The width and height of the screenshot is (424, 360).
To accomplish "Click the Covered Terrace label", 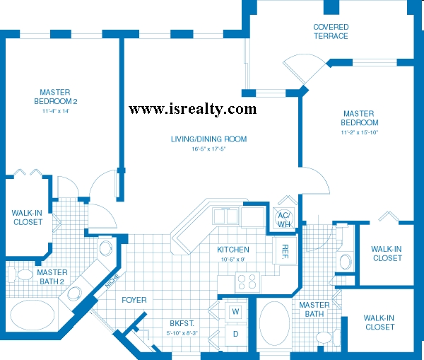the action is (x=331, y=31).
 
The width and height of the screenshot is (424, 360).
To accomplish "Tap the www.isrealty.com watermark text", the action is (x=192, y=109).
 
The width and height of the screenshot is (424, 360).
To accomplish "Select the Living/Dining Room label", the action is (x=208, y=139).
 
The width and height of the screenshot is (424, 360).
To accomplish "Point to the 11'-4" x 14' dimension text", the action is (x=56, y=111).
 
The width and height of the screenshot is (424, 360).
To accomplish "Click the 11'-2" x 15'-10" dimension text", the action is (x=360, y=132).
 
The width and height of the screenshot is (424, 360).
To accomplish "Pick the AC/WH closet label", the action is (x=284, y=219).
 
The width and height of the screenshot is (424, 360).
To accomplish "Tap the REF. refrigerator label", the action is (x=285, y=252).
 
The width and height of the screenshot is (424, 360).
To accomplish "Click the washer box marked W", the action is (x=235, y=312).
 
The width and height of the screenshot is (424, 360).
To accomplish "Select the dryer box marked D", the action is (x=236, y=335).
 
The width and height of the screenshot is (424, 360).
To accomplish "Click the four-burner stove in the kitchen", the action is (x=247, y=281).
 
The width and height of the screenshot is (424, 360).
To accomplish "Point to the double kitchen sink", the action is (x=225, y=216).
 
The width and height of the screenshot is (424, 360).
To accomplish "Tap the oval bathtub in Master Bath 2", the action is (x=33, y=315).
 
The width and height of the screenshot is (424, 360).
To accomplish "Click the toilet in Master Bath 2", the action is (x=20, y=274).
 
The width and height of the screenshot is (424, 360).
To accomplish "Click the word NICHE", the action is (x=112, y=281).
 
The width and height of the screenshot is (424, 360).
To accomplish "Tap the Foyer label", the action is (x=134, y=300).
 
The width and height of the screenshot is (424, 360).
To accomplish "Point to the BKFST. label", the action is (x=182, y=323).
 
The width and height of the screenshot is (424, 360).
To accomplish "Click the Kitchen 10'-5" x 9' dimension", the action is (x=233, y=260).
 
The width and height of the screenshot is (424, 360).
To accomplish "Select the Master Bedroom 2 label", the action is (x=55, y=97).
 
